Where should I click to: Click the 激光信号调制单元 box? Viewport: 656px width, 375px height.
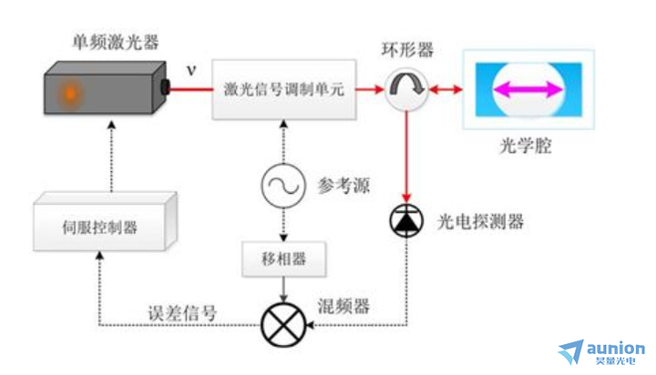(x=282, y=89)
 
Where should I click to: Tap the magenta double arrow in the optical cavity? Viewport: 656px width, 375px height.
(x=528, y=88)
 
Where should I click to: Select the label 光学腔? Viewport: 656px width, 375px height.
(x=527, y=147)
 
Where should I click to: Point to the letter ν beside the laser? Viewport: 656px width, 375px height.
(x=190, y=70)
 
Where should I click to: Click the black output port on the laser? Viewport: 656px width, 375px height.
(x=166, y=88)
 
